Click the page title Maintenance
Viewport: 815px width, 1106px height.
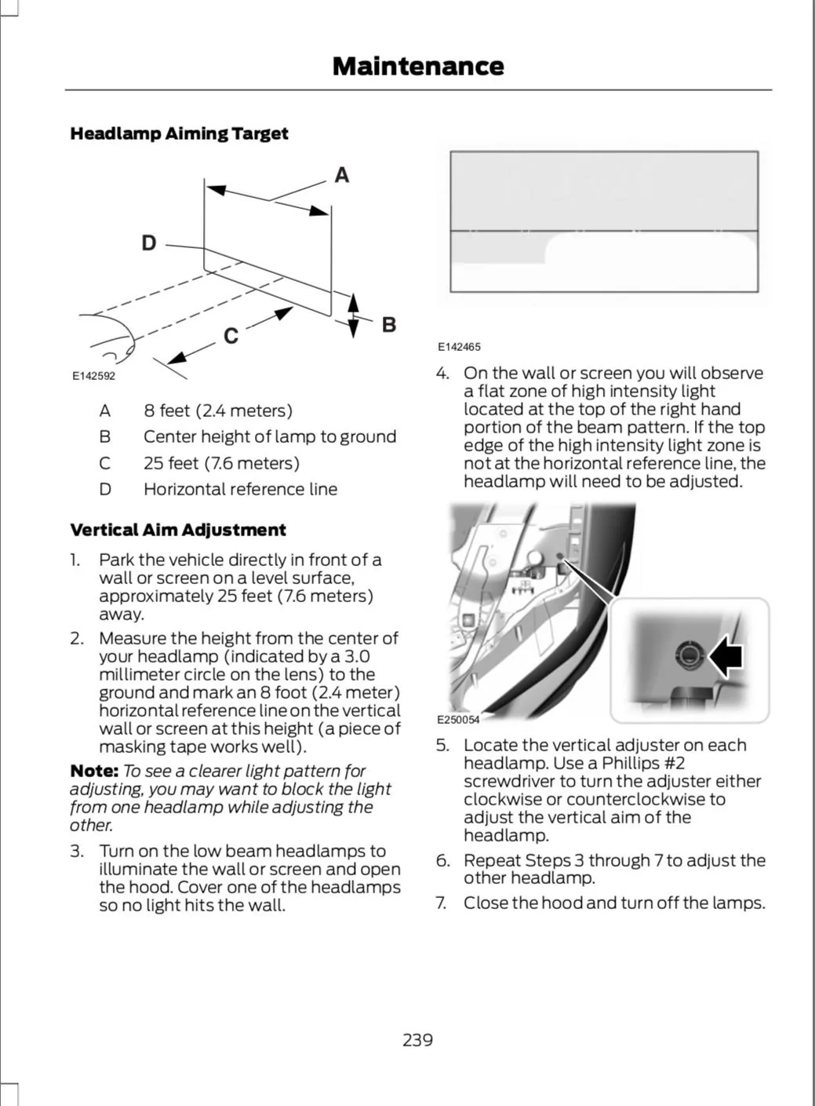(x=418, y=66)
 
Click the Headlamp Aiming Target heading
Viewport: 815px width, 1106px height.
(x=179, y=133)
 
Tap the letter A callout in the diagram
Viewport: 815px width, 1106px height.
(x=342, y=175)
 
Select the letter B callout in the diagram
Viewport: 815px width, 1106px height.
(x=389, y=324)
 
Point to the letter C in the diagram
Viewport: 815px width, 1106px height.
(x=231, y=336)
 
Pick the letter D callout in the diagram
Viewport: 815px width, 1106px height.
(x=148, y=243)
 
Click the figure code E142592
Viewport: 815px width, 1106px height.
(x=93, y=376)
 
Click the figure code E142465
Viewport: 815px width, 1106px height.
(x=459, y=347)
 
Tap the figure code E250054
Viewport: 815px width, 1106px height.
(x=458, y=719)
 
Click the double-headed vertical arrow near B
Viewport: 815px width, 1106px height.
(x=353, y=316)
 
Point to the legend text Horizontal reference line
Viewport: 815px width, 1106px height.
(x=241, y=489)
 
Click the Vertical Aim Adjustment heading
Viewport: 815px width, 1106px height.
(x=178, y=530)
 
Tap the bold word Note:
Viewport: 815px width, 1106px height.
(x=94, y=771)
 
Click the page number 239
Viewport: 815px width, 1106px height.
(x=418, y=1039)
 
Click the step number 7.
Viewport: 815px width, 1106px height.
(x=442, y=903)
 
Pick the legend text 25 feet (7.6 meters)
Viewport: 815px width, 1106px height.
(x=221, y=463)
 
